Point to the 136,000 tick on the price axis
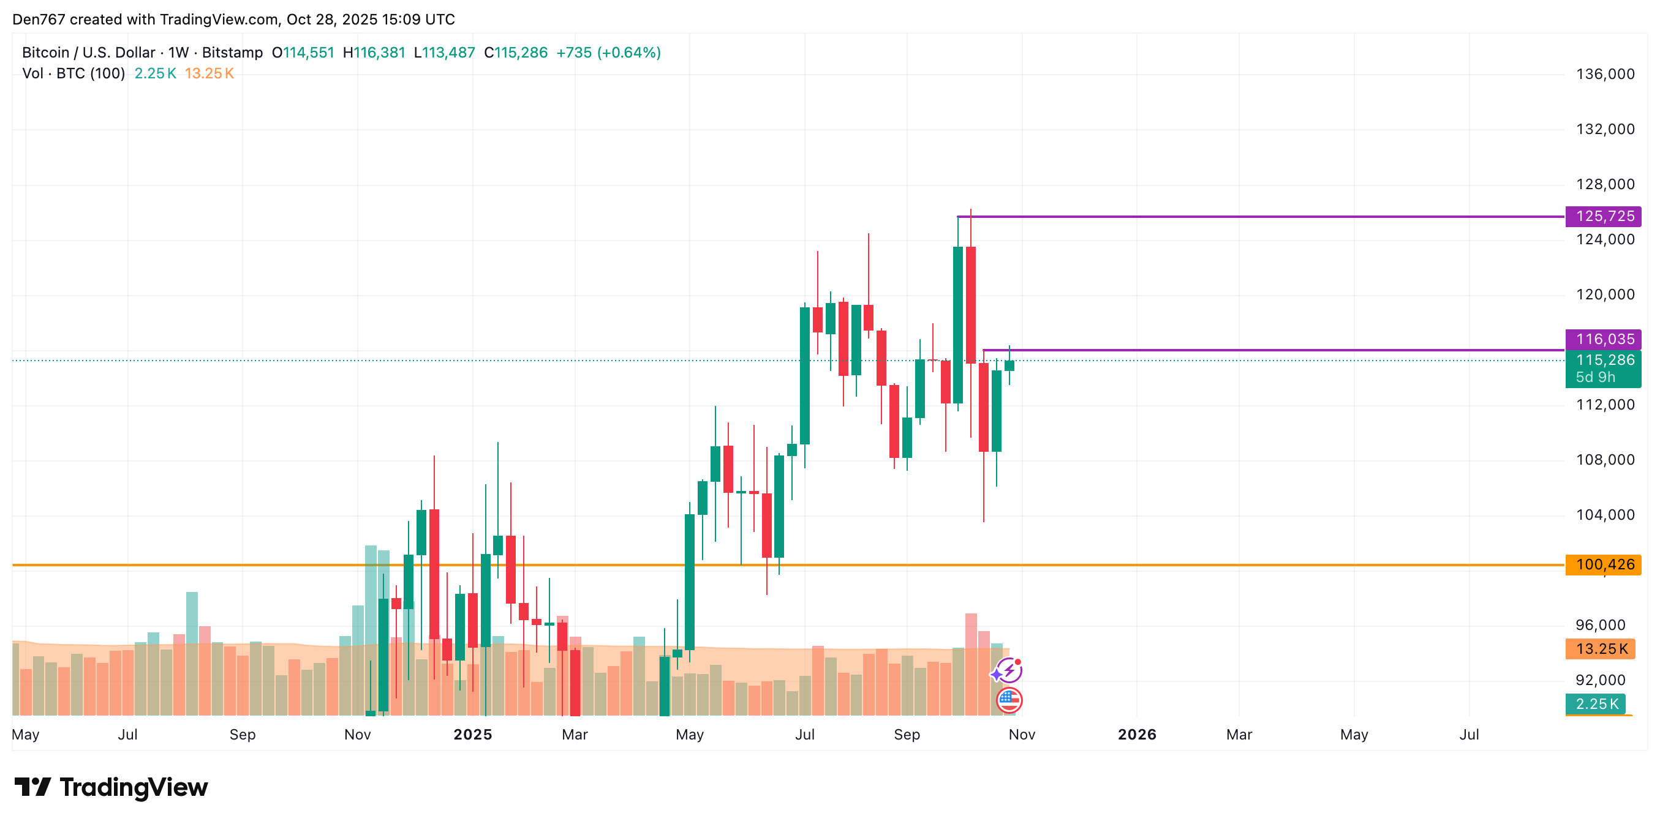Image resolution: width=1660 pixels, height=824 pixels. point(1605,74)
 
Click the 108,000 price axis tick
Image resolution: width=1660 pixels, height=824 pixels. point(1605,460)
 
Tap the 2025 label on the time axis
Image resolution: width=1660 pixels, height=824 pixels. point(472,735)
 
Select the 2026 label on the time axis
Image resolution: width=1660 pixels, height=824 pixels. point(1137,735)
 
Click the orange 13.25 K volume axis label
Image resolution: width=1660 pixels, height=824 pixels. point(1601,649)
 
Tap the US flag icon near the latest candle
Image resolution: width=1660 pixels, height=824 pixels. point(1009,700)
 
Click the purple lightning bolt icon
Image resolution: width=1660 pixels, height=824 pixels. point(1008,671)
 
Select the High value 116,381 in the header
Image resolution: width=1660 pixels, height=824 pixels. point(380,53)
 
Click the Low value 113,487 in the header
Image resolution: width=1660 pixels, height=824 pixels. point(448,53)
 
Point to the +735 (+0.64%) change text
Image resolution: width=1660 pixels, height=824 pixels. point(608,53)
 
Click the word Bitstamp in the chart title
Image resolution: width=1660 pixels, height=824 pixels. point(232,53)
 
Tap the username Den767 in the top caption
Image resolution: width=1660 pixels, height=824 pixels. point(39,20)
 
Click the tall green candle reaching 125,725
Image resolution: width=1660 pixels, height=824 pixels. point(958,324)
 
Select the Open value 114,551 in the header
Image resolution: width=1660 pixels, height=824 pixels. point(309,53)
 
